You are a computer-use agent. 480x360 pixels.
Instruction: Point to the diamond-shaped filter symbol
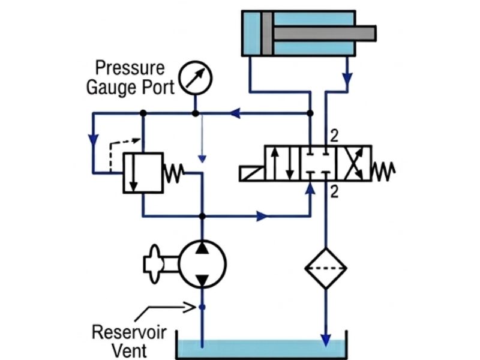325,268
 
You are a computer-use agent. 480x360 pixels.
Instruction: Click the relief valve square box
143,173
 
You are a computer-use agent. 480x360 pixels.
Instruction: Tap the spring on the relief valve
175,173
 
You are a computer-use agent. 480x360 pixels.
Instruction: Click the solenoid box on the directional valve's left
251,174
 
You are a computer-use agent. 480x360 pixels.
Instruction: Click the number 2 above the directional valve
334,137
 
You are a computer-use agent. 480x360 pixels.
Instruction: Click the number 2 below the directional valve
334,192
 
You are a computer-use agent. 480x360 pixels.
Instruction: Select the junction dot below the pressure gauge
195,113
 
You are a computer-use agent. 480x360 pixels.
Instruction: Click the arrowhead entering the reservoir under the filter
325,340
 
